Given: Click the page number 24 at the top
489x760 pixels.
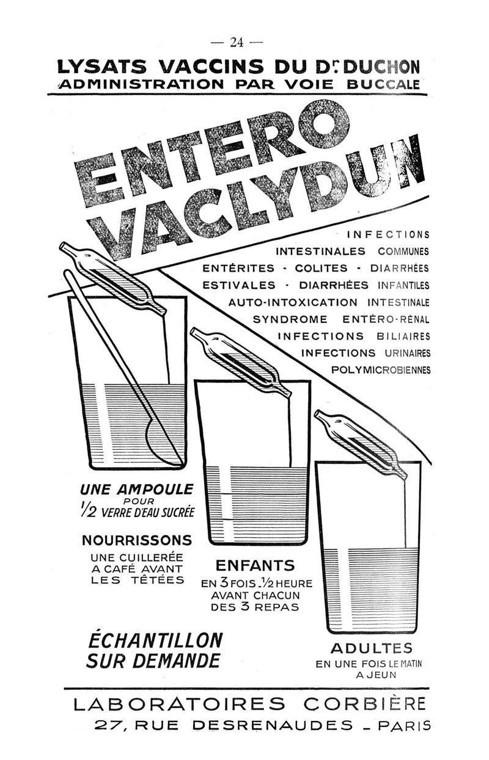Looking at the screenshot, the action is (x=237, y=42).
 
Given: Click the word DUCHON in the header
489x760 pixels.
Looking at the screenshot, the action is (x=381, y=67).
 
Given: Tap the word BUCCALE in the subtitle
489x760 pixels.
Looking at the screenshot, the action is (x=383, y=84).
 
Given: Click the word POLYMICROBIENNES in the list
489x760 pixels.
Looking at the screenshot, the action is (x=381, y=369).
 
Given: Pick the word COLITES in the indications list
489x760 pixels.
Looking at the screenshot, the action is (x=321, y=268).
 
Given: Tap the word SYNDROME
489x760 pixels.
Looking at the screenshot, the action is (x=290, y=319).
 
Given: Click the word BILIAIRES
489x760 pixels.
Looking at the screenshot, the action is (x=403, y=336).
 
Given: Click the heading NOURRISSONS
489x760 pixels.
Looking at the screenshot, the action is (x=137, y=540).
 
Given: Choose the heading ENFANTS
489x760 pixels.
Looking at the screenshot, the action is (x=256, y=575).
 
